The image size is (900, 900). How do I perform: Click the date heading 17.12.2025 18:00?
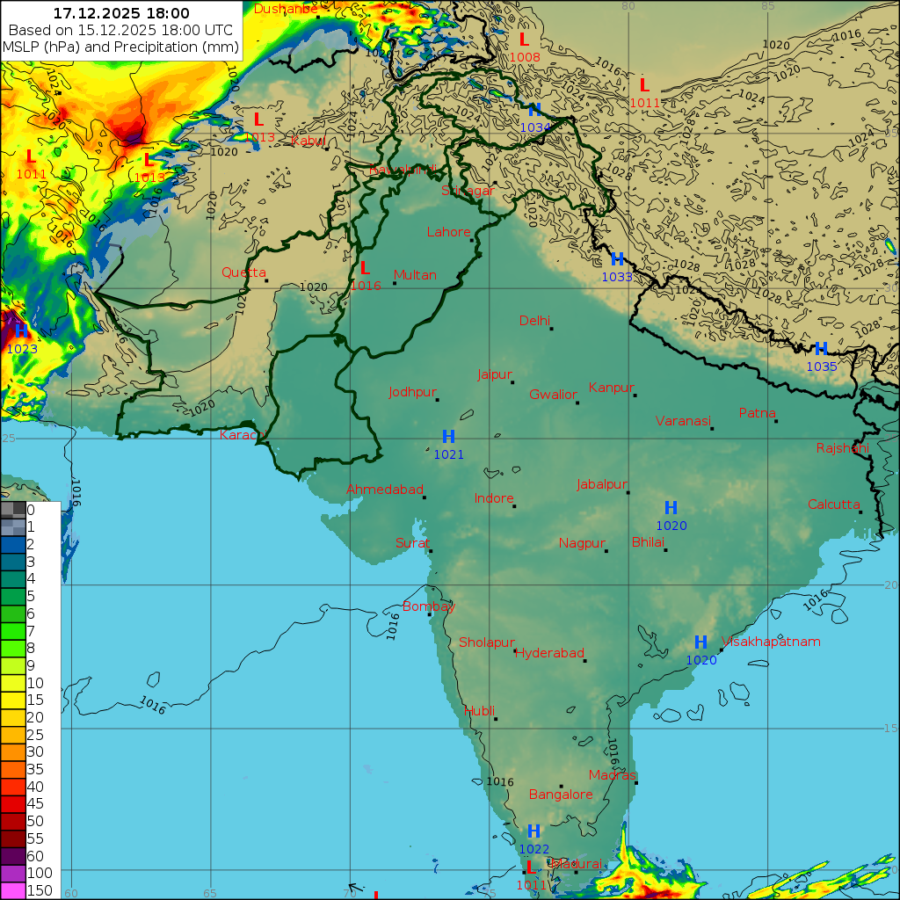121,13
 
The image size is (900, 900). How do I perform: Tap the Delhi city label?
534,320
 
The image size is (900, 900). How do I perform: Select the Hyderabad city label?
549,653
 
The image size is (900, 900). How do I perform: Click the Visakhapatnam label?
771,642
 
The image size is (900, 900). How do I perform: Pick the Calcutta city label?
833,504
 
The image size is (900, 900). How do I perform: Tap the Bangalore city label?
561,795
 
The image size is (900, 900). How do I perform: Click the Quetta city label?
243,272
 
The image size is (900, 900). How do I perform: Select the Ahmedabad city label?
385,490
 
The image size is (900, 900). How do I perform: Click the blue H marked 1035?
821,349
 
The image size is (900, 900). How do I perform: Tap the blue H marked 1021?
448,437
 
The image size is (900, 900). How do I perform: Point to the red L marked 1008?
524,40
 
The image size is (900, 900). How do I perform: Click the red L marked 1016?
365,268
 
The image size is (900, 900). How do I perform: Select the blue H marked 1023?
20,331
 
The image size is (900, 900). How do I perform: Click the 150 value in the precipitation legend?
40,890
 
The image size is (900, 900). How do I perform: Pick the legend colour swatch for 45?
13,803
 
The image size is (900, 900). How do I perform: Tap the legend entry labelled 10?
35,683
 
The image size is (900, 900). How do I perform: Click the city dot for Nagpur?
606,551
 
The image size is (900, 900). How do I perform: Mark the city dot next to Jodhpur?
437,400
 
